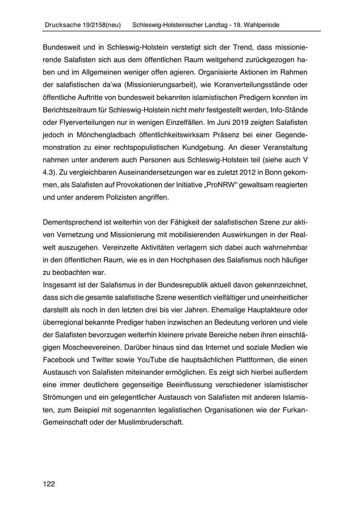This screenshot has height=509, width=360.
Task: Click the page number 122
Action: (x=49, y=484)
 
